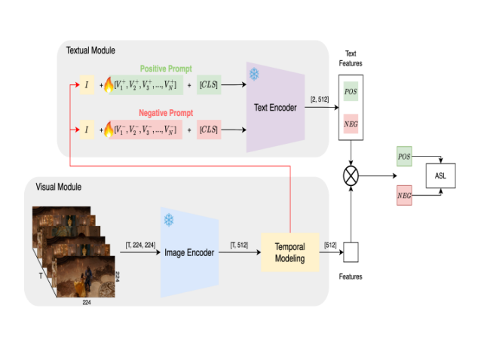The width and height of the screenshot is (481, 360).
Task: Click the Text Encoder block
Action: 275,108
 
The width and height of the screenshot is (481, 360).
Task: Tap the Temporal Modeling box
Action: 290,252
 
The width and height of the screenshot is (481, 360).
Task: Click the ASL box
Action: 440,176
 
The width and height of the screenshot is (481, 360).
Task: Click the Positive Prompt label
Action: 166,69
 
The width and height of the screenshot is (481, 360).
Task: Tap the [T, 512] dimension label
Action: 239,244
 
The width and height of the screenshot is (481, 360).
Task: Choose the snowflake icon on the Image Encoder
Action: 169,219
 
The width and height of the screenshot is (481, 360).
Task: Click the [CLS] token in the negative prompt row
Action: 208,130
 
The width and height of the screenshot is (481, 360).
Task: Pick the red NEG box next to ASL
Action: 404,197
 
